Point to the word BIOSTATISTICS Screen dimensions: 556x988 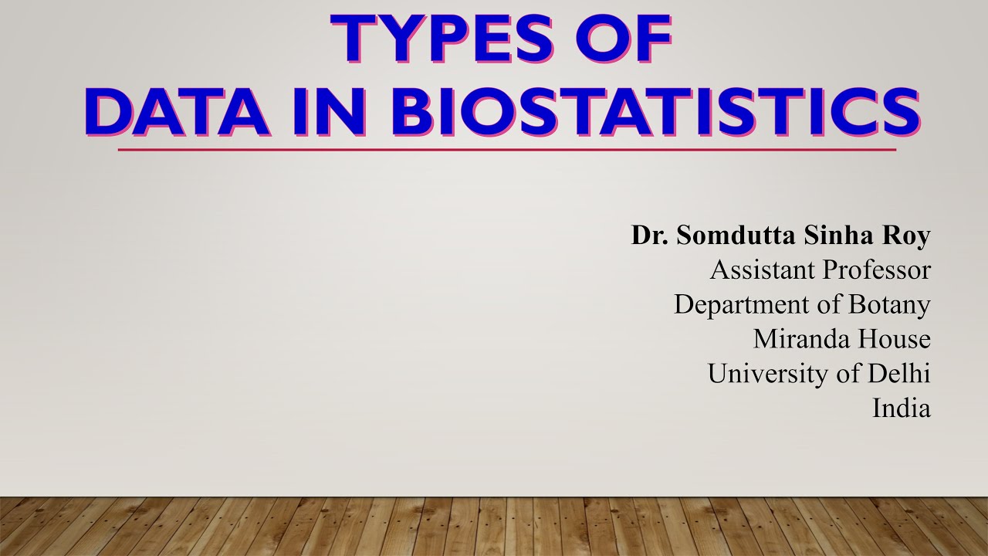coord(655,112)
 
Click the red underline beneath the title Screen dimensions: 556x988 coord(506,149)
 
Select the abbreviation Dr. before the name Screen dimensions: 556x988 coord(650,236)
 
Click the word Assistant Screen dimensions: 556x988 coord(763,270)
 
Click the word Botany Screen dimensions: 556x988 coord(889,305)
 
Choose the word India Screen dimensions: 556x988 coord(902,408)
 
